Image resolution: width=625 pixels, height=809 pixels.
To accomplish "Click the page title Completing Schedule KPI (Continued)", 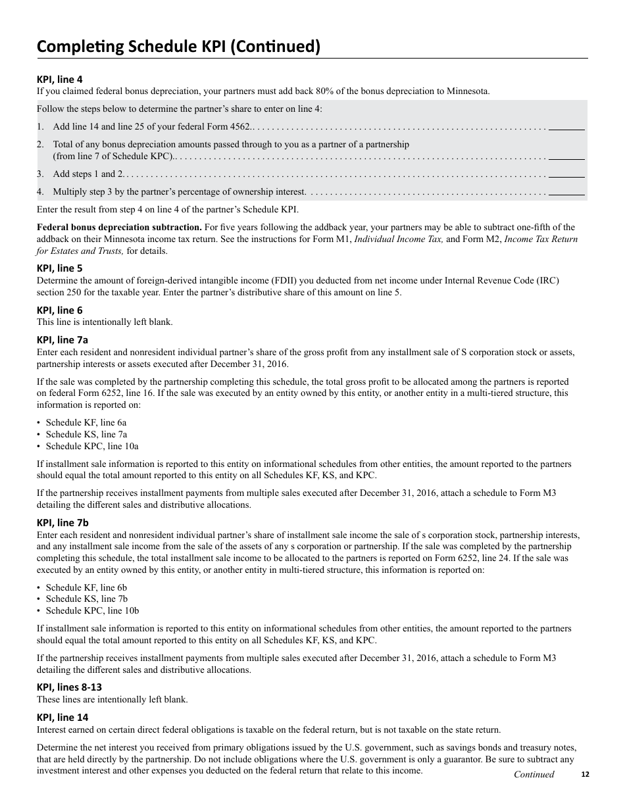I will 178,46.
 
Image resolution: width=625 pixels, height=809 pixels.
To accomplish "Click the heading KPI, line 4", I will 60,80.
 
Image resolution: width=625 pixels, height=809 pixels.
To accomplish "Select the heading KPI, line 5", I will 60,268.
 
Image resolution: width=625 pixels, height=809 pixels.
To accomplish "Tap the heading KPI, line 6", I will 60,310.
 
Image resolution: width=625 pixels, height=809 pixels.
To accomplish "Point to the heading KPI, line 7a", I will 63,340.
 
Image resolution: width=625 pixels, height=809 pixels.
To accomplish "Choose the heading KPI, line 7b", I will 63,523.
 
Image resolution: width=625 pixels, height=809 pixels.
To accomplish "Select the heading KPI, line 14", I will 63,718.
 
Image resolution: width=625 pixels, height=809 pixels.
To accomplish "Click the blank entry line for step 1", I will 566,128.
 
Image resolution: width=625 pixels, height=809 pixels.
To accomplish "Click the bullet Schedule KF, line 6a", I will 86,422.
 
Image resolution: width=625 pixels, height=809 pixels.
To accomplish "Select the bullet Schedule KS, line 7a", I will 86,434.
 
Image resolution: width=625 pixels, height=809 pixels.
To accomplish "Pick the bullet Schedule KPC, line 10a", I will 92,446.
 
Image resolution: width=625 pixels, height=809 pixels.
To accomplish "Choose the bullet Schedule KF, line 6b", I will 86,587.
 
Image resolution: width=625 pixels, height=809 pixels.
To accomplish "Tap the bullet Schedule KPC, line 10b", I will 92,610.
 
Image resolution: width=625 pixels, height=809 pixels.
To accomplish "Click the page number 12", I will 586,775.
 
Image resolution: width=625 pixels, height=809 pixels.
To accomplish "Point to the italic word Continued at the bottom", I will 534,774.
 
